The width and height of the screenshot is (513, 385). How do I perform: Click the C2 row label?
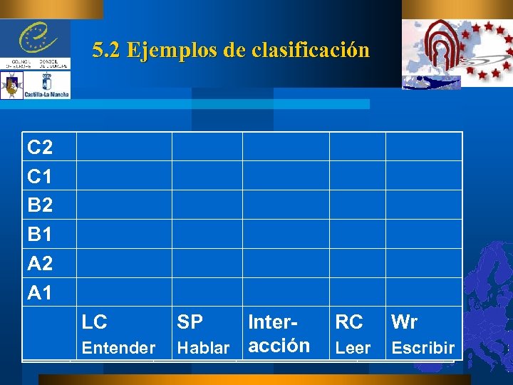40,148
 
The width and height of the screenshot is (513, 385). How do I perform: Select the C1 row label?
40,176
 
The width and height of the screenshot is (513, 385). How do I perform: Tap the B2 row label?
40,205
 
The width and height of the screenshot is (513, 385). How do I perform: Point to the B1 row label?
40,235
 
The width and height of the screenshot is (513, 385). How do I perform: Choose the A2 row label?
40,264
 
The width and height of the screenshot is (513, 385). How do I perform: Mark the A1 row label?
40,292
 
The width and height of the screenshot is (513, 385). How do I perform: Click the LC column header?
94,322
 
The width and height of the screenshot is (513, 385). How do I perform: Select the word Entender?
118,348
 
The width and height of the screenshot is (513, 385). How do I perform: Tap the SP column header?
190,322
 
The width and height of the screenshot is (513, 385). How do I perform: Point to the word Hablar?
203,348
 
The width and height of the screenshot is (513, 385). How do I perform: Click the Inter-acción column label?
278,334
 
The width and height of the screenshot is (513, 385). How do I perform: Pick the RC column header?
349,322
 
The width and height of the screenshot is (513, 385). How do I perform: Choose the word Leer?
353,348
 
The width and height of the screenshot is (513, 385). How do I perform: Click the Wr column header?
404,322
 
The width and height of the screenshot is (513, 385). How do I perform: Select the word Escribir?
423,348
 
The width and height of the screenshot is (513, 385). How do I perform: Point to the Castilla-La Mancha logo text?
46,93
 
